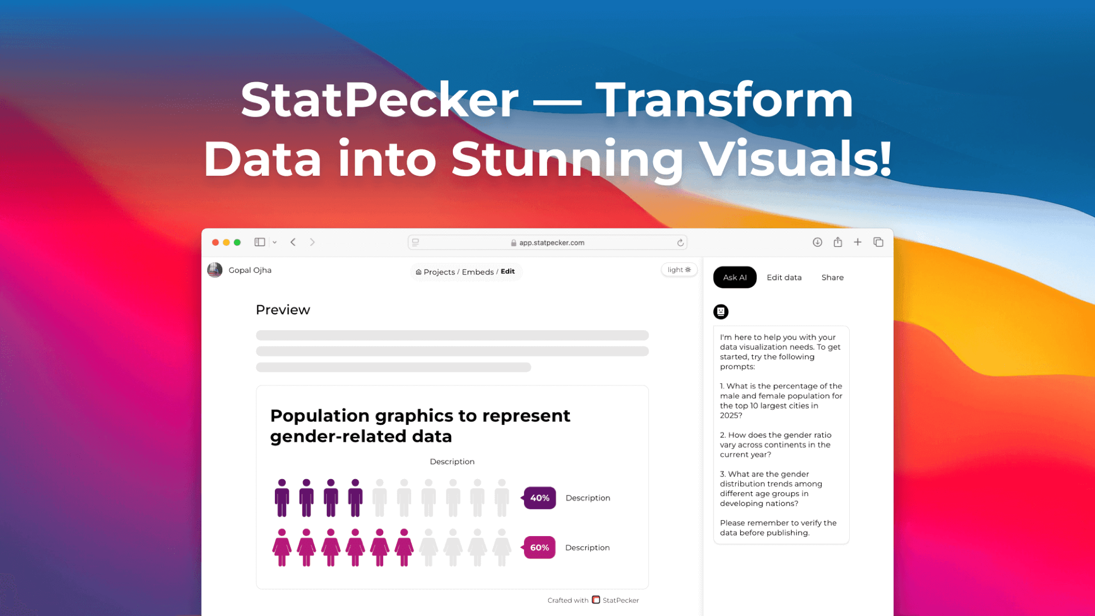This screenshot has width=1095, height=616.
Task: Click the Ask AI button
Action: [734, 278]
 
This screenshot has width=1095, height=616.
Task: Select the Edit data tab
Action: [784, 278]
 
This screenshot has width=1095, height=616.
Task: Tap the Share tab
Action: [832, 278]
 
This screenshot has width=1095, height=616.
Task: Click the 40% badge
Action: [540, 498]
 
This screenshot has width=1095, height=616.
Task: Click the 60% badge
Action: [540, 548]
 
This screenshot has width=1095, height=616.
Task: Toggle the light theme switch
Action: [679, 270]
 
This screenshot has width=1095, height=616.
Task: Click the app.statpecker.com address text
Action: [551, 243]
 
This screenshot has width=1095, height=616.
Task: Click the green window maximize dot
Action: [237, 243]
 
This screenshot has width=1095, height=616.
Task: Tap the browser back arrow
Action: [293, 242]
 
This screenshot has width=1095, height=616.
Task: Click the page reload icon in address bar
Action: [681, 243]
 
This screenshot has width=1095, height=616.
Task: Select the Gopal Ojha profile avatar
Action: [215, 270]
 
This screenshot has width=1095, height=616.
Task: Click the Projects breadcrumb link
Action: [439, 272]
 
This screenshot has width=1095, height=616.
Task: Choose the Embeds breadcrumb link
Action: [477, 272]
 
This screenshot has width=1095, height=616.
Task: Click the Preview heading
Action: [283, 310]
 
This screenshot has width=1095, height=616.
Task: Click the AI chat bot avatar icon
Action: [721, 312]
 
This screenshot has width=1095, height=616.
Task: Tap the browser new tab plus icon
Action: [857, 242]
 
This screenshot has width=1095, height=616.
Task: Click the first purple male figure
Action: [282, 498]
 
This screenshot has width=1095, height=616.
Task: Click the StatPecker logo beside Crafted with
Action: [596, 600]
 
